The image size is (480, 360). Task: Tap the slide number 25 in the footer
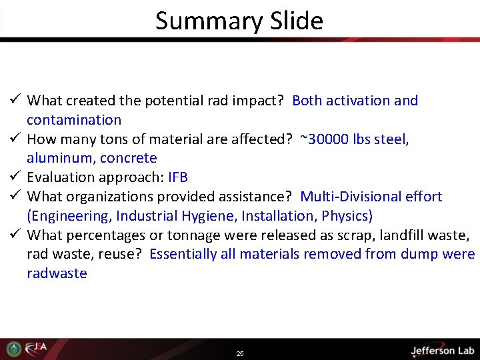click(x=240, y=353)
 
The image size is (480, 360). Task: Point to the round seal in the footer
click(x=14, y=349)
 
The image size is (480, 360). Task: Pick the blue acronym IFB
click(x=178, y=177)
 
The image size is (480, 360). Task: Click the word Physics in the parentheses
click(x=345, y=215)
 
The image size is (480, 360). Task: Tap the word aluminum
click(x=59, y=158)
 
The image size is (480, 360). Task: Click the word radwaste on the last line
click(x=57, y=273)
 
